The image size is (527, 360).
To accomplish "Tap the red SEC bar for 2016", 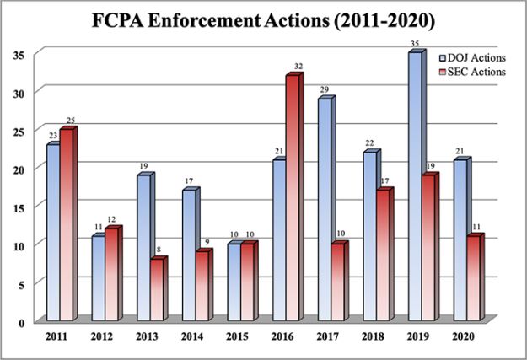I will click(x=292, y=198).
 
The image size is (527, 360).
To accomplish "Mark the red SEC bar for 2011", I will click(x=67, y=224).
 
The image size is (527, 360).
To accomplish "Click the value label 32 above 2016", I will click(x=298, y=67).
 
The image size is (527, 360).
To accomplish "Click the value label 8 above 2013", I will click(x=159, y=250).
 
